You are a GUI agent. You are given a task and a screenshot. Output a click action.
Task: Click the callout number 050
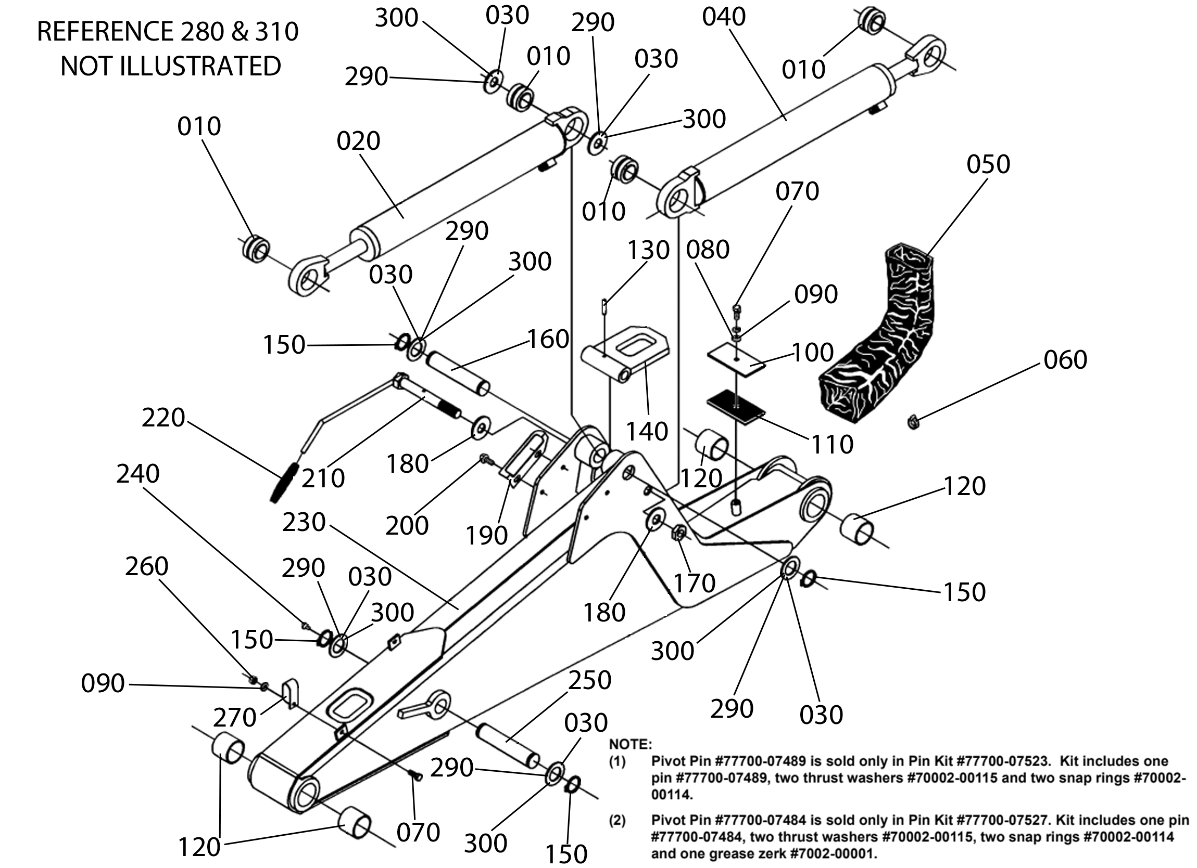click(988, 164)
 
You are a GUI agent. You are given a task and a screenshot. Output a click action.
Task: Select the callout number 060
click(1065, 360)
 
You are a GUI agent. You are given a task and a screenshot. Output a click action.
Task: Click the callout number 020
click(358, 141)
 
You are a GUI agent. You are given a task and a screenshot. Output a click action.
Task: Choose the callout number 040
click(724, 17)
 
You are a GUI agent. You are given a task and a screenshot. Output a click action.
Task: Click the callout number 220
click(163, 418)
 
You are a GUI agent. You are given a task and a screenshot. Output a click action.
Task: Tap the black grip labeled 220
click(284, 483)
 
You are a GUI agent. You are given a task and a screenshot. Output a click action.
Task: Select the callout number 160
click(548, 339)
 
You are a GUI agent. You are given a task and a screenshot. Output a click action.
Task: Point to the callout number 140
click(647, 431)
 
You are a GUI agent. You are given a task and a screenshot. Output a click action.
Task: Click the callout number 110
click(833, 445)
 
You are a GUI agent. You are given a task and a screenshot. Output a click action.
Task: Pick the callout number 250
click(589, 680)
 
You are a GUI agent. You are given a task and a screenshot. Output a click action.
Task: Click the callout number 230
click(304, 522)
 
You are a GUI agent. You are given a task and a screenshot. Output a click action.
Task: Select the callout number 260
click(146, 566)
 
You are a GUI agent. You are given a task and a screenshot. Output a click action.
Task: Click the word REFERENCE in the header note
click(105, 32)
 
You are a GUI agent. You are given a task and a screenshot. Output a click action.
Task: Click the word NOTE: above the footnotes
click(630, 744)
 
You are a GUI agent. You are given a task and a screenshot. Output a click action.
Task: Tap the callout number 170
click(694, 583)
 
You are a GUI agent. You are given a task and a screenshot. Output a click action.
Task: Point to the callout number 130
click(648, 250)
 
